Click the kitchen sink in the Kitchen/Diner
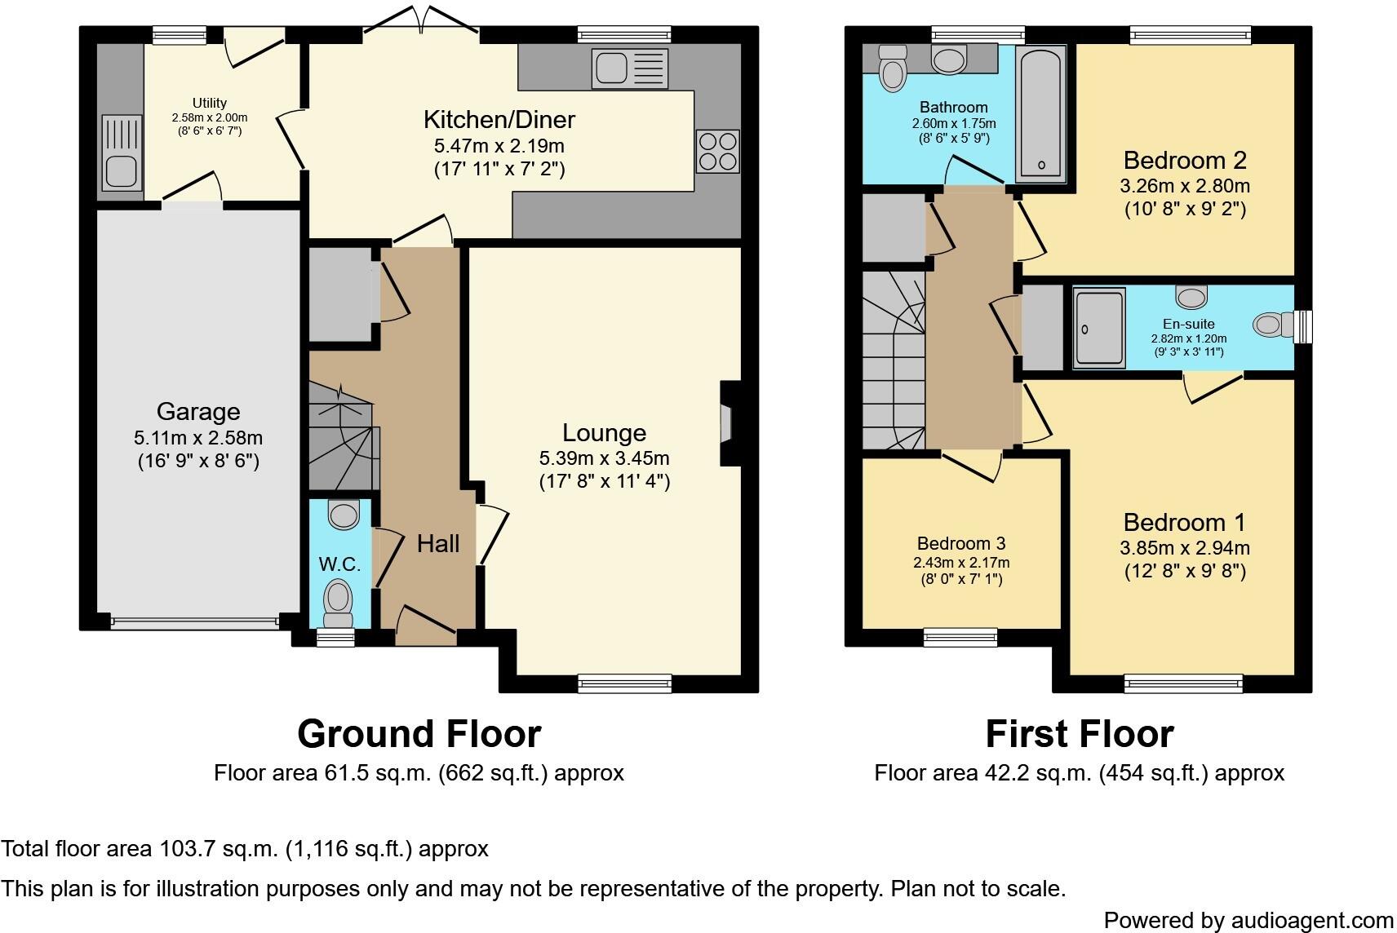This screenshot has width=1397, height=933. [631, 68]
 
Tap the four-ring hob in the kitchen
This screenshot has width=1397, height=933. [717, 152]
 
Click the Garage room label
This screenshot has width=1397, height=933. [197, 412]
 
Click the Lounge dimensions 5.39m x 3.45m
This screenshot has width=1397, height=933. [604, 458]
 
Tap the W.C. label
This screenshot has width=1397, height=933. [339, 564]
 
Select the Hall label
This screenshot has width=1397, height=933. [438, 544]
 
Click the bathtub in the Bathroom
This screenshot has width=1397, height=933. [1041, 114]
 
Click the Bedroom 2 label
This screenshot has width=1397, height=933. [1185, 160]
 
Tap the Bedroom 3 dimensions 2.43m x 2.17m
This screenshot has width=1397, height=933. [961, 563]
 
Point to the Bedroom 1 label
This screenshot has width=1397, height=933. [1185, 522]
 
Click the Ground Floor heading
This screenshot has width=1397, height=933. [419, 734]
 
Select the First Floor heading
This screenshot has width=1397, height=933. [1079, 734]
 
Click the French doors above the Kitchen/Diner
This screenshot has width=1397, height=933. [421, 20]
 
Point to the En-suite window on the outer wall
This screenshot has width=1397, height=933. [1303, 325]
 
